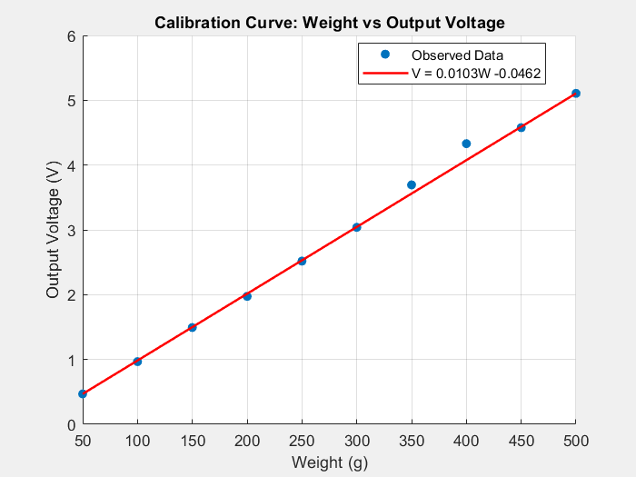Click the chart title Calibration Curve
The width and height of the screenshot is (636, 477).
329,22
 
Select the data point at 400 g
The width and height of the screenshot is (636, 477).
466,144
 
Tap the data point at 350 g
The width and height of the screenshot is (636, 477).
412,184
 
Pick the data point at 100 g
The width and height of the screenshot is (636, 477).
137,362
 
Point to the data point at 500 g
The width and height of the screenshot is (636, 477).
575,94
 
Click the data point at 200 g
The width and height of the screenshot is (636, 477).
247,296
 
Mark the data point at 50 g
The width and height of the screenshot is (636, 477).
83,393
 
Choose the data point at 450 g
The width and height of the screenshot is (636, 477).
521,127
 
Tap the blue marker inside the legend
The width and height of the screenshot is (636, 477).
384,55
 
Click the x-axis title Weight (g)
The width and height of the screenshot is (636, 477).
329,462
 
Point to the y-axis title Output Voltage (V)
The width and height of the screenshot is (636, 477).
54,230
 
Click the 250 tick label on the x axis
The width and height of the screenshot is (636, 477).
302,441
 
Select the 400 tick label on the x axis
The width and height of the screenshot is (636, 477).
466,441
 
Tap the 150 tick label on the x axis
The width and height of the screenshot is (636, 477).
192,441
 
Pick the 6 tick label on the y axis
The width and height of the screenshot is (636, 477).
71,36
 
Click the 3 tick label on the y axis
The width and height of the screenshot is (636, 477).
71,230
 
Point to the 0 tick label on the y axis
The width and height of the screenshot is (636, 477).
71,424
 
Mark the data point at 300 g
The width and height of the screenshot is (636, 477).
356,227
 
